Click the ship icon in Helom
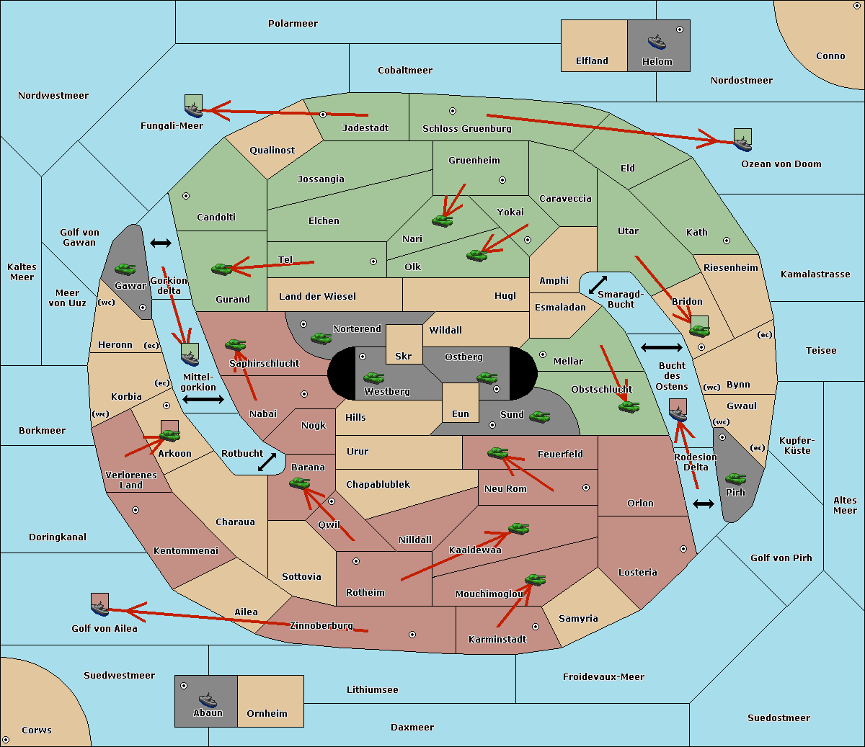click(x=657, y=42)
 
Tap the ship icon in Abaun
click(x=208, y=699)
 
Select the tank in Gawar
click(x=125, y=269)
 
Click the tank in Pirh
click(x=735, y=479)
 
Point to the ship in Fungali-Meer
click(x=193, y=110)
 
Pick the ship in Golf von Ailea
click(x=99, y=609)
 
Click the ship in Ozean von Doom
click(x=742, y=143)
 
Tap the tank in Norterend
click(x=321, y=338)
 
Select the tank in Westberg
click(x=373, y=377)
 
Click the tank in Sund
click(x=539, y=416)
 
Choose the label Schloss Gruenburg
click(x=467, y=128)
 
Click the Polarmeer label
click(x=293, y=24)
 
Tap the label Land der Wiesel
click(x=317, y=297)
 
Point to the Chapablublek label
click(x=378, y=484)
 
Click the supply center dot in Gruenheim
click(x=502, y=180)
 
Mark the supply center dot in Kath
click(x=727, y=241)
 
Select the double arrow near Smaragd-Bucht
click(x=598, y=285)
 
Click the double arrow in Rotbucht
click(x=267, y=462)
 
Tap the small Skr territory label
click(x=404, y=356)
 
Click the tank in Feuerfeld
click(x=498, y=453)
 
